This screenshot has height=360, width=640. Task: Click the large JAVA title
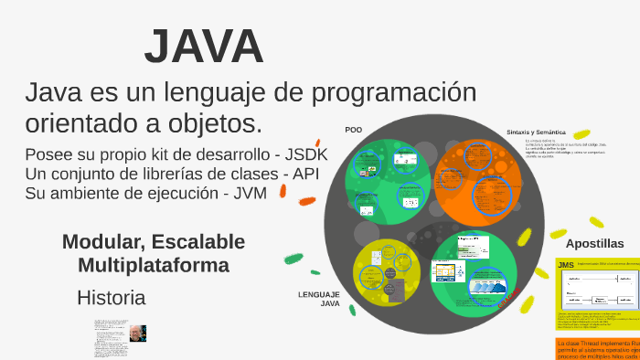pos(204,47)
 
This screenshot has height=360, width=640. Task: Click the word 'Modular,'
pos(102,242)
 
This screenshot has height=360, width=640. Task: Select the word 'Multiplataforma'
pos(154,265)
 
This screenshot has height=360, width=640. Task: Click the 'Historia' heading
pos(111,297)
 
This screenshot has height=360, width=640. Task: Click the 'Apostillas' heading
pos(594,244)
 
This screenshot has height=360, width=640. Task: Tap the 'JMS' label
pos(566,265)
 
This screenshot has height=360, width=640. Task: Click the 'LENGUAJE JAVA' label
pos(319,299)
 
